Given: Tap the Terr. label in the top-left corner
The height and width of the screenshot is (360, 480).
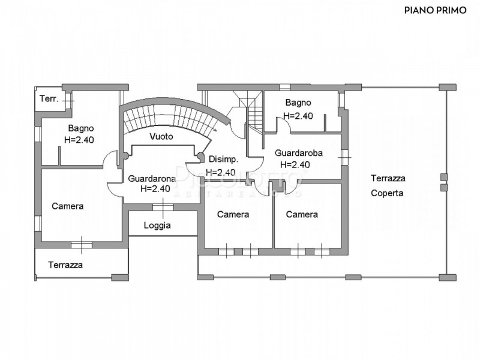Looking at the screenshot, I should [x=49, y=98].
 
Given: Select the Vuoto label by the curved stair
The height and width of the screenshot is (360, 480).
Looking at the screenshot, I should [x=162, y=136].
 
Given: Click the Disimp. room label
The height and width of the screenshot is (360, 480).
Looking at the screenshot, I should [x=223, y=159].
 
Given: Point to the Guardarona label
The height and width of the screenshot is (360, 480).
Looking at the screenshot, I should [x=152, y=178].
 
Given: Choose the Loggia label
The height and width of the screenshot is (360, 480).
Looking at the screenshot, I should [x=157, y=226].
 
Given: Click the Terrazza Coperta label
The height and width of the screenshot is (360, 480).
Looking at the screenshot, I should [x=388, y=185].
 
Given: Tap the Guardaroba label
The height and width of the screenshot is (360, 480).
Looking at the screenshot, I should [x=299, y=153].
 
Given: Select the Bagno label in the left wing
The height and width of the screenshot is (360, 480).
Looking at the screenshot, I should [x=80, y=128].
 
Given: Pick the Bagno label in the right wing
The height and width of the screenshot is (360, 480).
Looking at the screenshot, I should [x=298, y=103].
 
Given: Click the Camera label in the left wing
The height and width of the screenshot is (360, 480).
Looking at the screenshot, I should [x=67, y=206].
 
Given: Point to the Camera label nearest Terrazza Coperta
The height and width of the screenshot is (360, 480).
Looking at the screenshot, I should [x=301, y=214].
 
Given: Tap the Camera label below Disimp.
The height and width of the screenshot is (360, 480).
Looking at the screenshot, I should [x=233, y=214].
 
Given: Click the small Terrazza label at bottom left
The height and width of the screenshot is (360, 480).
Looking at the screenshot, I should [x=65, y=264].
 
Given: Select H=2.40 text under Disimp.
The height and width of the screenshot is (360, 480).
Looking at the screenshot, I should [x=220, y=172].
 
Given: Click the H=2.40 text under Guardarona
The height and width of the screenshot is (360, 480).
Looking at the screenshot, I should [x=155, y=188].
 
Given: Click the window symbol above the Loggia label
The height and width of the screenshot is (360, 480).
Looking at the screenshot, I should [x=162, y=207].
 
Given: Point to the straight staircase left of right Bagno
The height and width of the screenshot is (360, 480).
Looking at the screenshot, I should [x=254, y=114].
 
